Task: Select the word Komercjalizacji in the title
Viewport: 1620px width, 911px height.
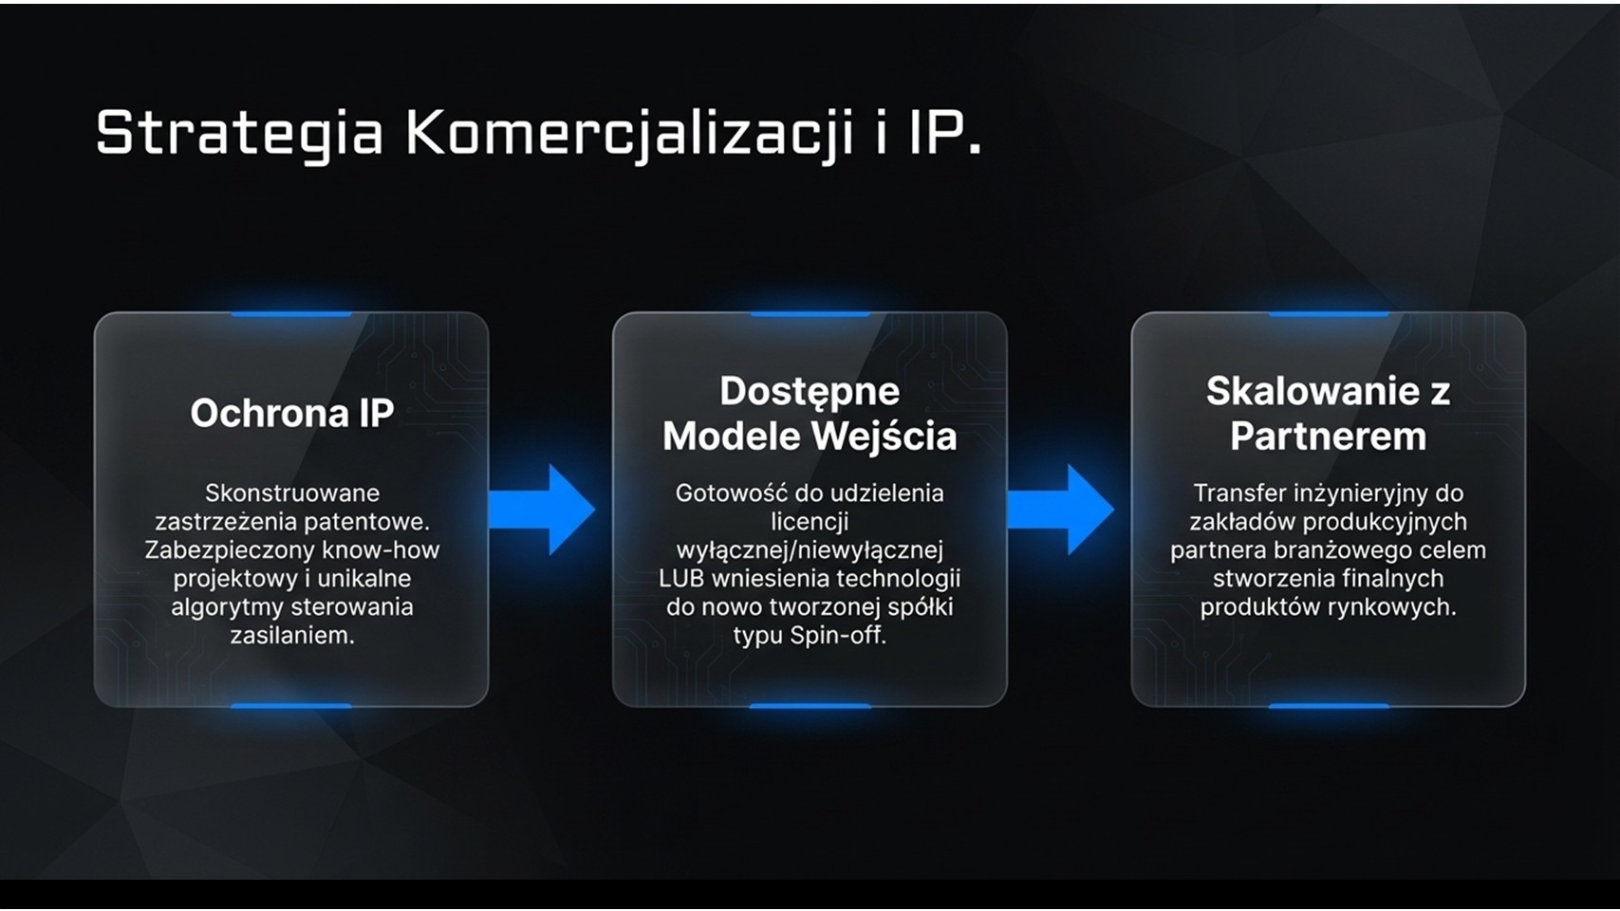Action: (x=630, y=135)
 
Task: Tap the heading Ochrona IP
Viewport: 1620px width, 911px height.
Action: (x=292, y=414)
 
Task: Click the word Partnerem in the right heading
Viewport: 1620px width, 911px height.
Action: (x=1329, y=437)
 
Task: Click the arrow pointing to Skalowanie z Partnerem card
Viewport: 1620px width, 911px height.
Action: (x=1061, y=510)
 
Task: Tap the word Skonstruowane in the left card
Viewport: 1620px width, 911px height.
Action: (x=292, y=493)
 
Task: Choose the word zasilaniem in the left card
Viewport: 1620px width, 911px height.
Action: (x=292, y=636)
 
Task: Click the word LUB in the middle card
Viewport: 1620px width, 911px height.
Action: (x=682, y=579)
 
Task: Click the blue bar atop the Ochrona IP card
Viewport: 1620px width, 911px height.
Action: (x=291, y=314)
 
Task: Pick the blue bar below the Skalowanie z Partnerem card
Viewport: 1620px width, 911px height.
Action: (x=1329, y=706)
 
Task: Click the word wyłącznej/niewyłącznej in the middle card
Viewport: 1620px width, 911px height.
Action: (x=810, y=550)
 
